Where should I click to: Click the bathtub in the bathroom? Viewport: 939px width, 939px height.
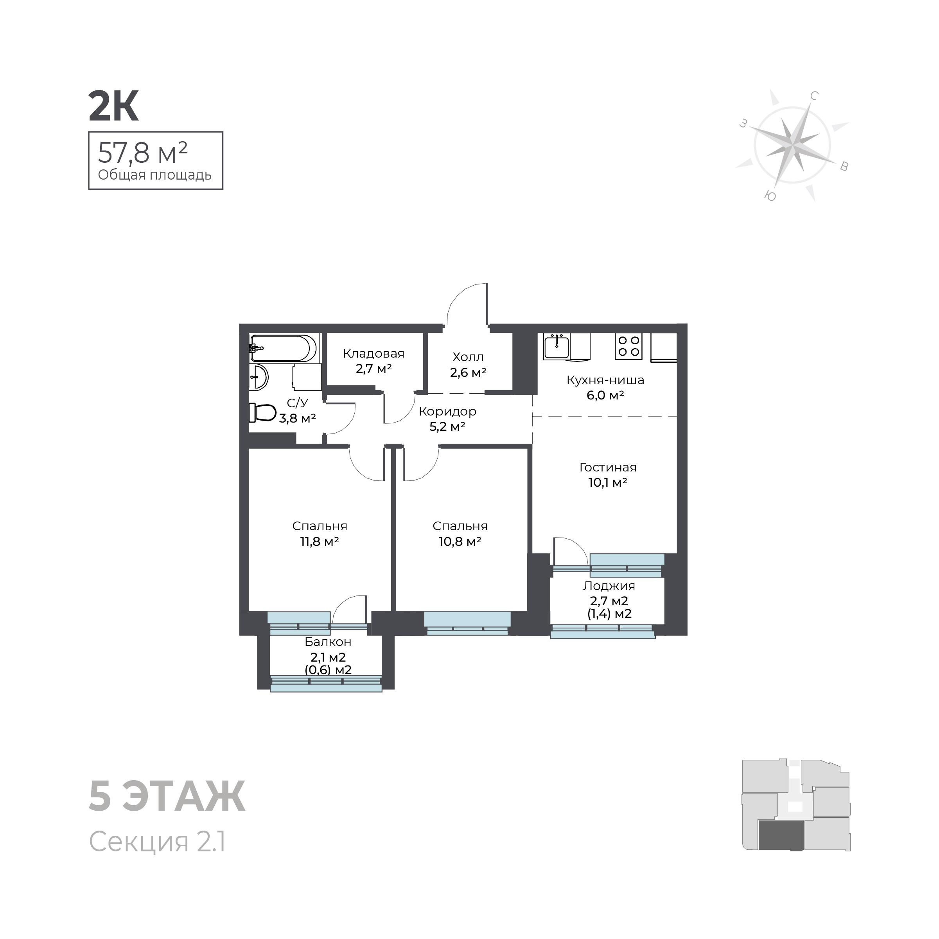284,348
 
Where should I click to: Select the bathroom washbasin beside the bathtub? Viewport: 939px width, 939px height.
259,377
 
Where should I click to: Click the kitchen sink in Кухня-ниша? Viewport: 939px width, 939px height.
557,347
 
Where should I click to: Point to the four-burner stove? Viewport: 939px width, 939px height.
628,346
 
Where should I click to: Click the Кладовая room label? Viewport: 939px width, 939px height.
373,354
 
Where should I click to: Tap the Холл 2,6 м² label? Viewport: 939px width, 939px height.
468,365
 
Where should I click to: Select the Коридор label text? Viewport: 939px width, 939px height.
447,411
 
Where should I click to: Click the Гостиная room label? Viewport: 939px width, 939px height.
607,467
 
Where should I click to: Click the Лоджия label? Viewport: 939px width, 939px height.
609,586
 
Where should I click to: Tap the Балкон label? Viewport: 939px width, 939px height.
328,642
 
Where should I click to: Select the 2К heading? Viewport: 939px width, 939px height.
114,106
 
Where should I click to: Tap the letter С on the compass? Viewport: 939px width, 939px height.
814,96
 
